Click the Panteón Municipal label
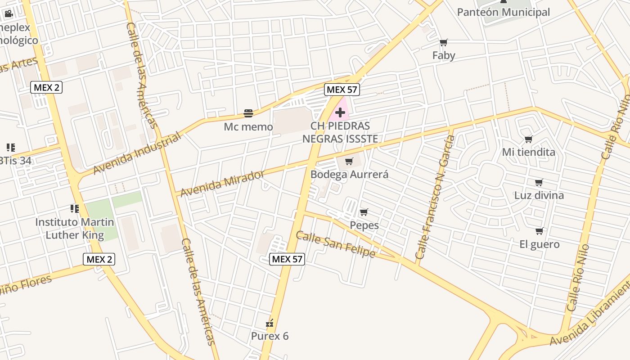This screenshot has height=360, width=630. click(503, 12)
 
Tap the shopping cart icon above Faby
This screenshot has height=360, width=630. click(444, 43)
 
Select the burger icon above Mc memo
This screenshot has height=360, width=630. click(248, 113)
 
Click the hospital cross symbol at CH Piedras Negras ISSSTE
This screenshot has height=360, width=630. click(340, 112)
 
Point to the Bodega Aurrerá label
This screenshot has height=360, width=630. click(349, 174)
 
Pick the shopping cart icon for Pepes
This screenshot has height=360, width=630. click(364, 212)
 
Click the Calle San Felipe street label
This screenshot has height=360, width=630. click(335, 244)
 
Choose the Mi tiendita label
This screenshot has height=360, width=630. click(528, 152)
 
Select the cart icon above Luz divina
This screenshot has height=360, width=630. click(539, 182)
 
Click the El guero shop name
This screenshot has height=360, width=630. click(539, 244)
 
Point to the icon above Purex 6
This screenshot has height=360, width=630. click(270, 323)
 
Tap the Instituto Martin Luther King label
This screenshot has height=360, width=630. click(75, 228)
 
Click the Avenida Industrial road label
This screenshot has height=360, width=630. click(137, 153)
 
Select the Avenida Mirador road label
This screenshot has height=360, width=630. click(222, 183)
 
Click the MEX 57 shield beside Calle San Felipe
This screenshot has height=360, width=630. click(287, 259)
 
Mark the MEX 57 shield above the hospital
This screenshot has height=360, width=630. click(342, 90)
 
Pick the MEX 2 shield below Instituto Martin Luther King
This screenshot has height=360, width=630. click(99, 259)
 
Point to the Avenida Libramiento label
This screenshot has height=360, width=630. click(589, 315)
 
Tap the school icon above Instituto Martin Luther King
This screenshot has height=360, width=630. click(74, 208)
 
